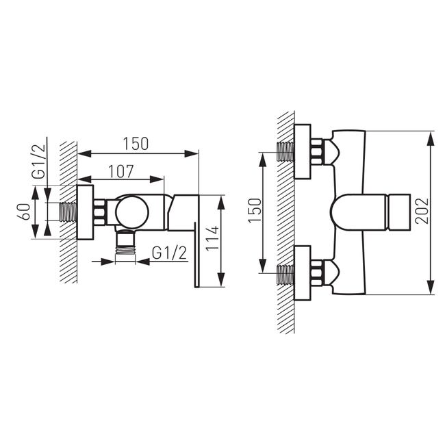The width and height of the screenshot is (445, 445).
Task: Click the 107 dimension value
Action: (121, 171)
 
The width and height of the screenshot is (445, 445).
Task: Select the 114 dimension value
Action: (212, 238)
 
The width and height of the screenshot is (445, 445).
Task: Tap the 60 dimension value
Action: (25, 212)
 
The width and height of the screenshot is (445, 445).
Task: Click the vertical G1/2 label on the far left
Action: (38, 162)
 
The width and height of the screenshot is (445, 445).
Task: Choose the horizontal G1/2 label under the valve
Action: (170, 253)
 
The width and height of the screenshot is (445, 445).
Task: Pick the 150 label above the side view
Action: (136, 144)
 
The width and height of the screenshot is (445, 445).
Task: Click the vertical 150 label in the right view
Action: (255, 211)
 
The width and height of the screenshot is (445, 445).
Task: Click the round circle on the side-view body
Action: (132, 212)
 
